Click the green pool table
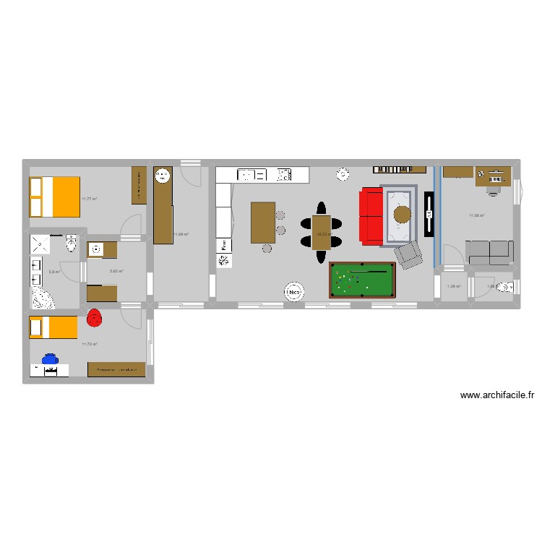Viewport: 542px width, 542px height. point(361,280)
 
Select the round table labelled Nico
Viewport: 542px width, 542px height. point(293,293)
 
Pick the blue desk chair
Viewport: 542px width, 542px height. point(50,358)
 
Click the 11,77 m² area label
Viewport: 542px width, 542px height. point(90,199)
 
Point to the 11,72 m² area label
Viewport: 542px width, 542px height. point(90,345)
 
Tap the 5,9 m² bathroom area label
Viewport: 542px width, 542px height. point(53,272)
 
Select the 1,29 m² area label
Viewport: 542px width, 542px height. point(453,287)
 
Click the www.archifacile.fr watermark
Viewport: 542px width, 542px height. point(496,395)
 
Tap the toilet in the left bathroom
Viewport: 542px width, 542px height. point(70,245)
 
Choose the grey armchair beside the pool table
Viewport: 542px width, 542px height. point(408,254)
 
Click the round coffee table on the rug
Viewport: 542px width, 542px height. point(402,214)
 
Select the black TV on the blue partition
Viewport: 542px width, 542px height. point(429,215)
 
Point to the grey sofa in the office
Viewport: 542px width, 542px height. point(489,251)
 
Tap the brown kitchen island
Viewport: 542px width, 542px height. point(262,223)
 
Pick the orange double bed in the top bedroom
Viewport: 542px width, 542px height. point(53,197)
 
